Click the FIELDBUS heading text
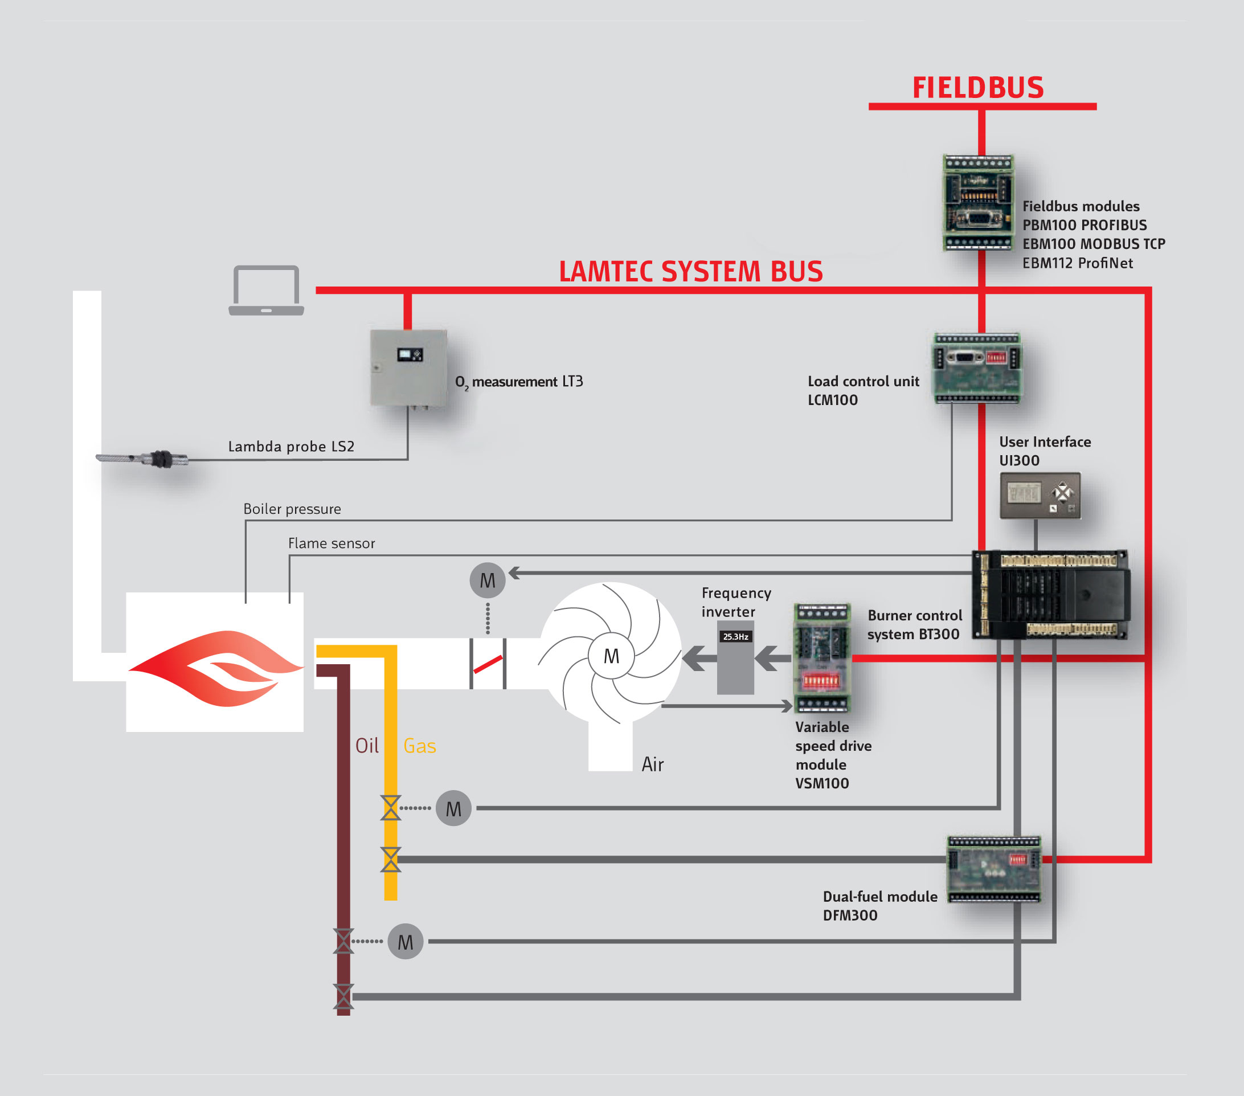pyautogui.click(x=977, y=88)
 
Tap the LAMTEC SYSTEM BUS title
pyautogui.click(x=690, y=271)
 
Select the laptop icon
pyautogui.click(x=266, y=291)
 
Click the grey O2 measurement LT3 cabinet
pyautogui.click(x=408, y=367)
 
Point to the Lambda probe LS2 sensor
pyautogui.click(x=145, y=458)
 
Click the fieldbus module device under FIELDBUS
pyautogui.click(x=978, y=203)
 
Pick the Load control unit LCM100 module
pyautogui.click(x=977, y=367)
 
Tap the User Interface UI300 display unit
pyautogui.click(x=1040, y=496)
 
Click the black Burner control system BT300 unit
pyautogui.click(x=1051, y=594)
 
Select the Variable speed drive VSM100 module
pyautogui.click(x=821, y=658)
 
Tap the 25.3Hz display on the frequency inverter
pyautogui.click(x=735, y=636)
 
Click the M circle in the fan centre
pyautogui.click(x=611, y=656)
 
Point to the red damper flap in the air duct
pyautogui.click(x=488, y=664)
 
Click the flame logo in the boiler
pyautogui.click(x=215, y=668)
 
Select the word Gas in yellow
pyautogui.click(x=419, y=746)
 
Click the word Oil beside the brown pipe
pyautogui.click(x=367, y=746)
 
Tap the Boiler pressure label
pyautogui.click(x=292, y=509)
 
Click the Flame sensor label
pyautogui.click(x=331, y=543)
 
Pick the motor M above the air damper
pyautogui.click(x=488, y=580)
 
